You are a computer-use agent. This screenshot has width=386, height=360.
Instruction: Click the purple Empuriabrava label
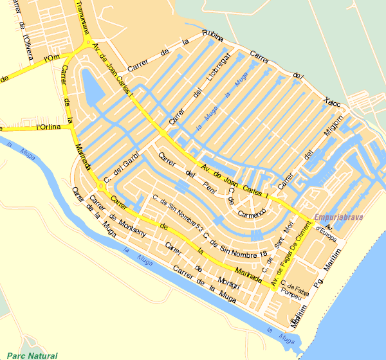point(340,217)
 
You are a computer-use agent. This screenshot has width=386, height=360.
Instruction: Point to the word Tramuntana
point(83,15)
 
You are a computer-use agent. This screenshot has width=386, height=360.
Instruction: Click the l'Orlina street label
point(49,127)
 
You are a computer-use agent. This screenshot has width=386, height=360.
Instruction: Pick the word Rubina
point(212,34)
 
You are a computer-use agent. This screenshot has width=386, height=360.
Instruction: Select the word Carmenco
point(252,213)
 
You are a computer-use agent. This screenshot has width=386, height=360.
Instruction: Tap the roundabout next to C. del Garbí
point(101,186)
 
